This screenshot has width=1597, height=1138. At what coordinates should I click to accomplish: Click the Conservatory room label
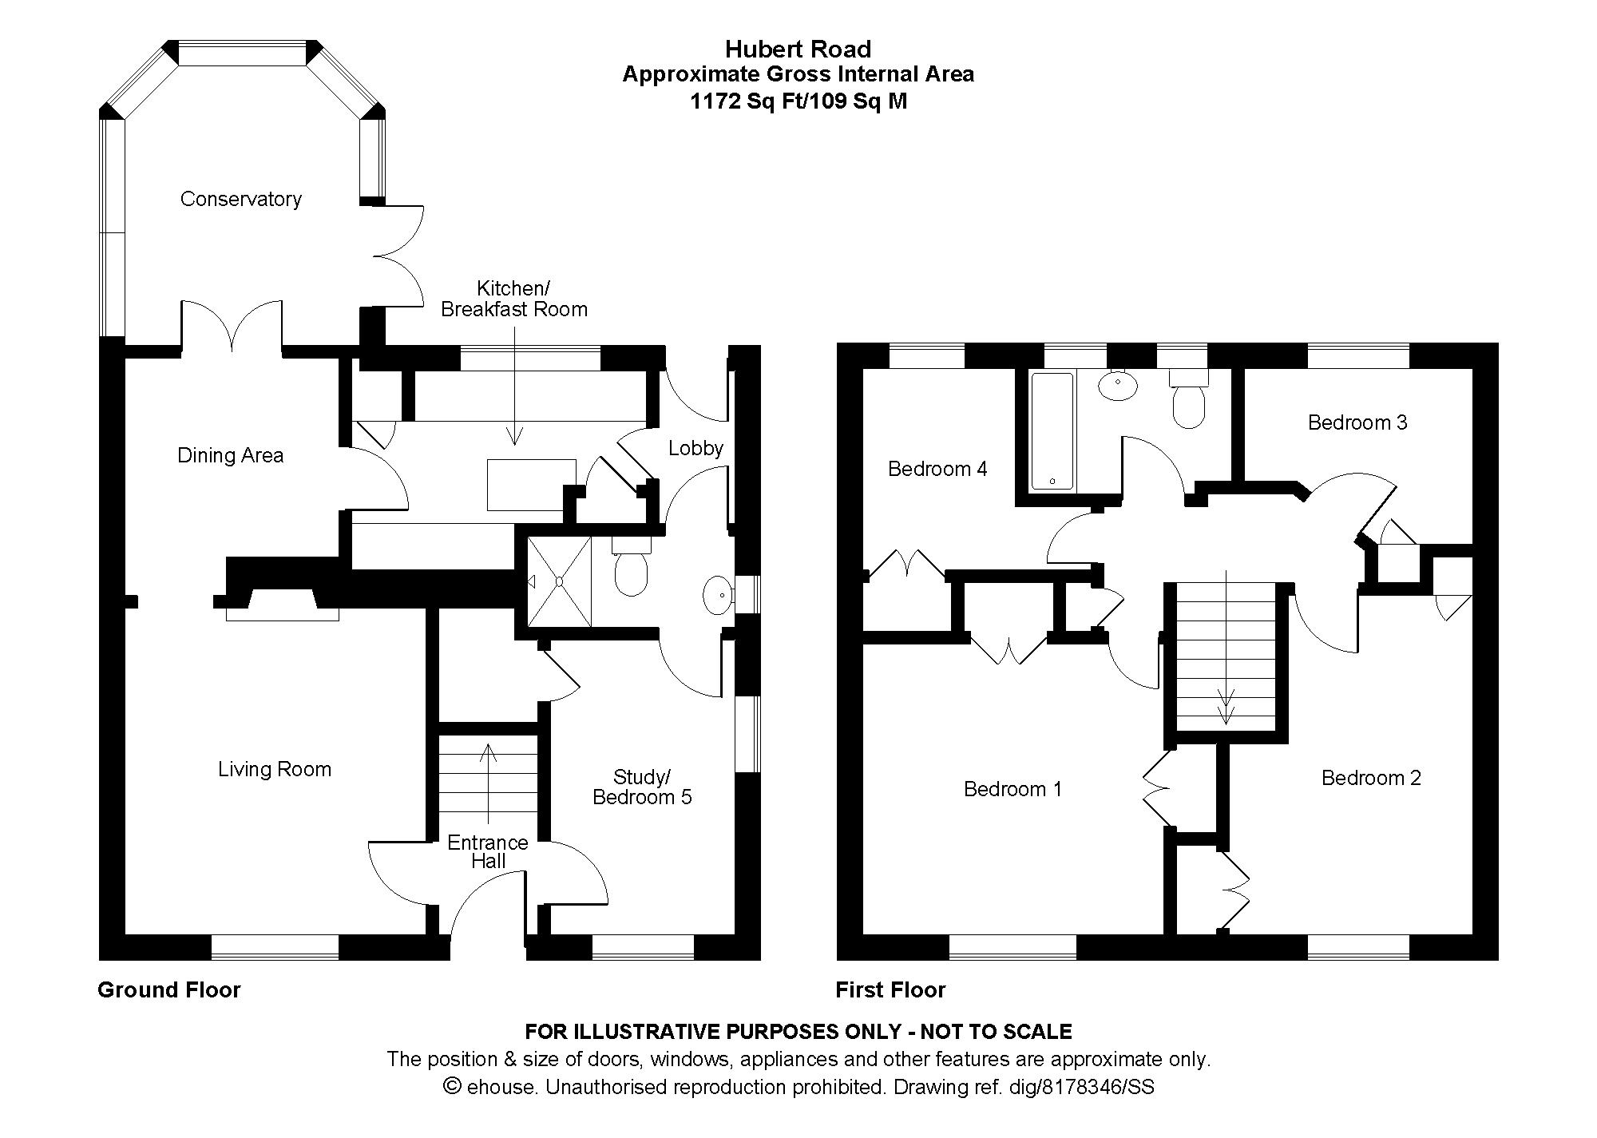coord(240,199)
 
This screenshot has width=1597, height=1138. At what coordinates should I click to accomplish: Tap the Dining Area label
coord(230,455)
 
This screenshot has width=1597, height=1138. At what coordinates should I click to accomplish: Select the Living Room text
coord(275,769)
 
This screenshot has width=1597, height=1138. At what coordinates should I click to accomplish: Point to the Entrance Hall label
coord(488,851)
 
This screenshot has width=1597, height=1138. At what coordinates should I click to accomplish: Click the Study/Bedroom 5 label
coord(642,787)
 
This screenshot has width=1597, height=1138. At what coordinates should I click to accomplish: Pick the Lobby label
coord(696,448)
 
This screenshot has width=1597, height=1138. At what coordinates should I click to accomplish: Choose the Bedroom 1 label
coord(1012,789)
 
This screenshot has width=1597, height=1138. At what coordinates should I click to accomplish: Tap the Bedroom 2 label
coord(1371,778)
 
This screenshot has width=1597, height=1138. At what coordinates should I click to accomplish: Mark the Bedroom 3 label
coord(1357,422)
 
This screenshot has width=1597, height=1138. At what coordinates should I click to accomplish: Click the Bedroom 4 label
coord(937,469)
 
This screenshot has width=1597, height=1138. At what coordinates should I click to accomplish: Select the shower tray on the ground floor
coord(559,581)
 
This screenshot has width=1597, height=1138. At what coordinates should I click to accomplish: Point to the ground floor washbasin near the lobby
coord(717,595)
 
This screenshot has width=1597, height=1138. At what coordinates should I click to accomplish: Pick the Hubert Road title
coord(798,50)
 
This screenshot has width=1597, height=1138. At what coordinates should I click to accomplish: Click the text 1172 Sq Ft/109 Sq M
coord(798,101)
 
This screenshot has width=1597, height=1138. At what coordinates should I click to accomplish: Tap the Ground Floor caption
coord(168,990)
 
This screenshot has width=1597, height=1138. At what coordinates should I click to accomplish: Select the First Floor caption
coord(890,990)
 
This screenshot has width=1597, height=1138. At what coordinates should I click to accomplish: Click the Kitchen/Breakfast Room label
coord(514,299)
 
